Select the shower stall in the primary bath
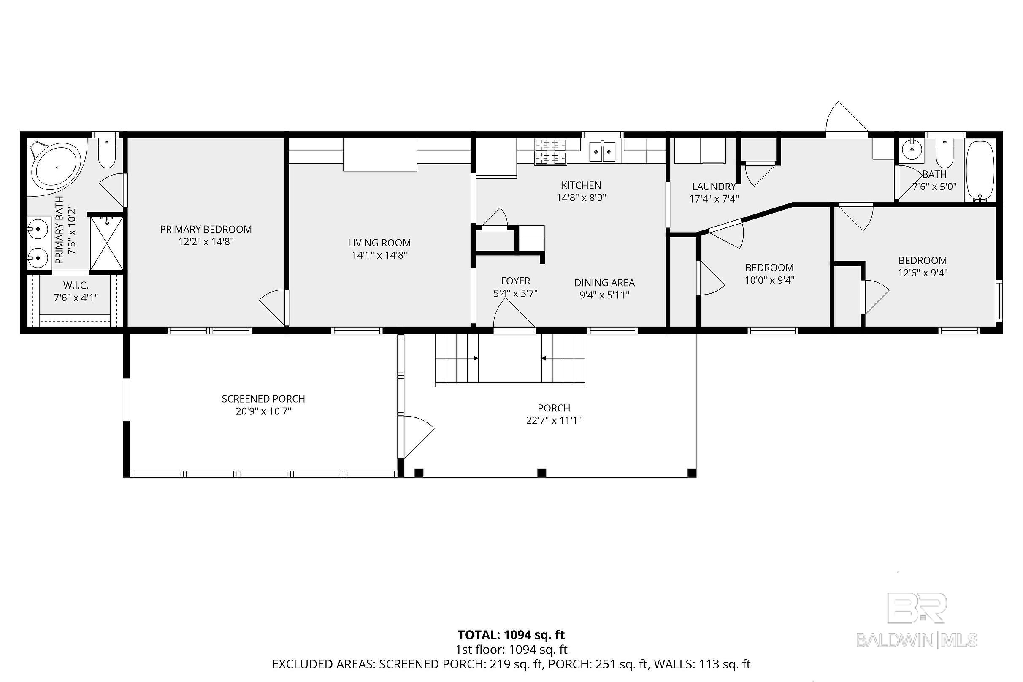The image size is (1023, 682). click(106, 243)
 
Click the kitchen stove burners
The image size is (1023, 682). click(551, 152)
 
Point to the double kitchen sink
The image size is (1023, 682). click(602, 151)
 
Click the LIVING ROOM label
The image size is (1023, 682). click(379, 243)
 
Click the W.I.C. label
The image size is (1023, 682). click(76, 285)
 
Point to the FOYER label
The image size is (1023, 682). click(515, 281)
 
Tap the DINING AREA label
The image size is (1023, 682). click(605, 283)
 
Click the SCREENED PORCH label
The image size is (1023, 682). click(263, 399)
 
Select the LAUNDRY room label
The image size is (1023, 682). click(714, 187)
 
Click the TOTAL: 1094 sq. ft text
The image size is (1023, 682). click(511, 635)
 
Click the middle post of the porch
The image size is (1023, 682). click(541, 473)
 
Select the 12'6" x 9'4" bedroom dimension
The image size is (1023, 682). click(923, 273)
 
